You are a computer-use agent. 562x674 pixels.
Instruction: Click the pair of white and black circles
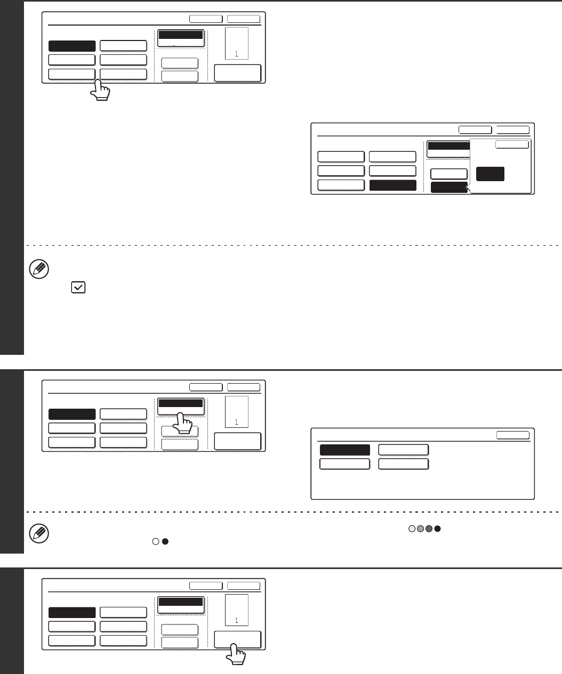point(161,541)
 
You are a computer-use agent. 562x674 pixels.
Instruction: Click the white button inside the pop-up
point(512,144)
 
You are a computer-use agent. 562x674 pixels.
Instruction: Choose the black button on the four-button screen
point(344,450)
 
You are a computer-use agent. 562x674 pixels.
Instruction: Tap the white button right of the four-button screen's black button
point(403,450)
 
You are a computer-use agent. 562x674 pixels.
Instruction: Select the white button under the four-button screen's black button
point(344,464)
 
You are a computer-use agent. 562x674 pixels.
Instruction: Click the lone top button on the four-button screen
point(513,435)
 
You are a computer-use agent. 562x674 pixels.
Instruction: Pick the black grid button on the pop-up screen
point(392,185)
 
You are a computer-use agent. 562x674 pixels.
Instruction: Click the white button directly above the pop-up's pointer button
point(449,174)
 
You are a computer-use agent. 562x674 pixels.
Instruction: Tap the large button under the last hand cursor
point(237,639)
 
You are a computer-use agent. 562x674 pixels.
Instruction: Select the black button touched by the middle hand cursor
point(180,404)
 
